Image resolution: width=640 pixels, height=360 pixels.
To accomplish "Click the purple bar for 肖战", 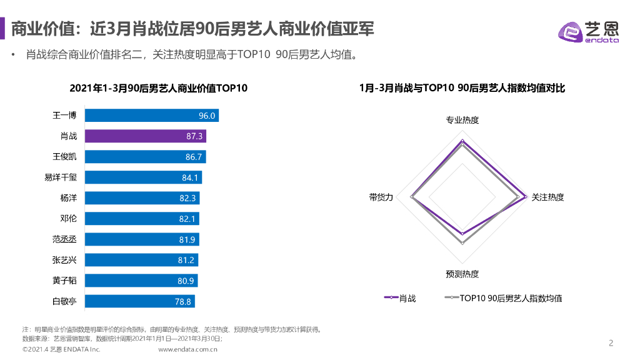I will point(145,136).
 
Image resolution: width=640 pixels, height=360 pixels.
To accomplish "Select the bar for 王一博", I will point(151,116).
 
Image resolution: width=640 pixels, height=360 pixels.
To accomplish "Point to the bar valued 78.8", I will point(139,301).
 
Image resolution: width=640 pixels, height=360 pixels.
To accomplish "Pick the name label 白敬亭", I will point(64,301).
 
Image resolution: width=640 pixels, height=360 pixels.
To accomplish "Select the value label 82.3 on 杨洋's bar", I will point(188,198).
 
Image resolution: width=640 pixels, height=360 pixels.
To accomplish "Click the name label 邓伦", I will point(68,219).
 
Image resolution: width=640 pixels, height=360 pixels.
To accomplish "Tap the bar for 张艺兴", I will point(140,260).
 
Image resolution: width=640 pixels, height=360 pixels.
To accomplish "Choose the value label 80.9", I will point(186,281).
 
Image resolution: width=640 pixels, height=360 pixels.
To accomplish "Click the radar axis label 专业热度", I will point(462,120).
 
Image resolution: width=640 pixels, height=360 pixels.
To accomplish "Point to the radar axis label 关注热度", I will point(547,197).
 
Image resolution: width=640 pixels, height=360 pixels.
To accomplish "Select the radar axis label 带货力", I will point(381,197).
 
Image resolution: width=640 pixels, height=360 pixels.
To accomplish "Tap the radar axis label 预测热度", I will point(462,274).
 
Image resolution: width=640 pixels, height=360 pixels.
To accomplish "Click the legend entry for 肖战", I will point(399,298).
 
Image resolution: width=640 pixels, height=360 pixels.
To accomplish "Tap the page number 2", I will point(611,342).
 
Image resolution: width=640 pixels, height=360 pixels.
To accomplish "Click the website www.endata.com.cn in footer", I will point(187,349).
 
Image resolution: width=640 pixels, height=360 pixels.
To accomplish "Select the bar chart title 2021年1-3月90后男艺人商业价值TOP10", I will point(158,88).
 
